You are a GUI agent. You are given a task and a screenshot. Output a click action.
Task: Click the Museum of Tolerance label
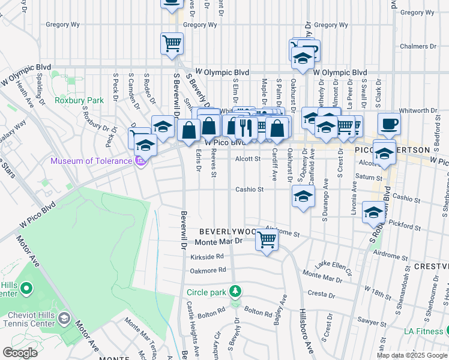[91, 161]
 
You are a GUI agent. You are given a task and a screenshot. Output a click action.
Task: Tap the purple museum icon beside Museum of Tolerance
[141, 161]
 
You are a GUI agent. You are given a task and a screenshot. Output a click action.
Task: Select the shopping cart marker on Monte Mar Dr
[267, 240]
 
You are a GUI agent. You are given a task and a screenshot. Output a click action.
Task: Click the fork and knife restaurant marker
[245, 127]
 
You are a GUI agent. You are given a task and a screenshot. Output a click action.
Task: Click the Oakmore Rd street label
[208, 270]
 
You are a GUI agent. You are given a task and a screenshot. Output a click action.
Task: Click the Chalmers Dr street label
[418, 46]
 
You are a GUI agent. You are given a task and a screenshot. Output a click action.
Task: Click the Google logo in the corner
[20, 353]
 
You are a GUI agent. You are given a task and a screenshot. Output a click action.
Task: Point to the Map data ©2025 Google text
[412, 355]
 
